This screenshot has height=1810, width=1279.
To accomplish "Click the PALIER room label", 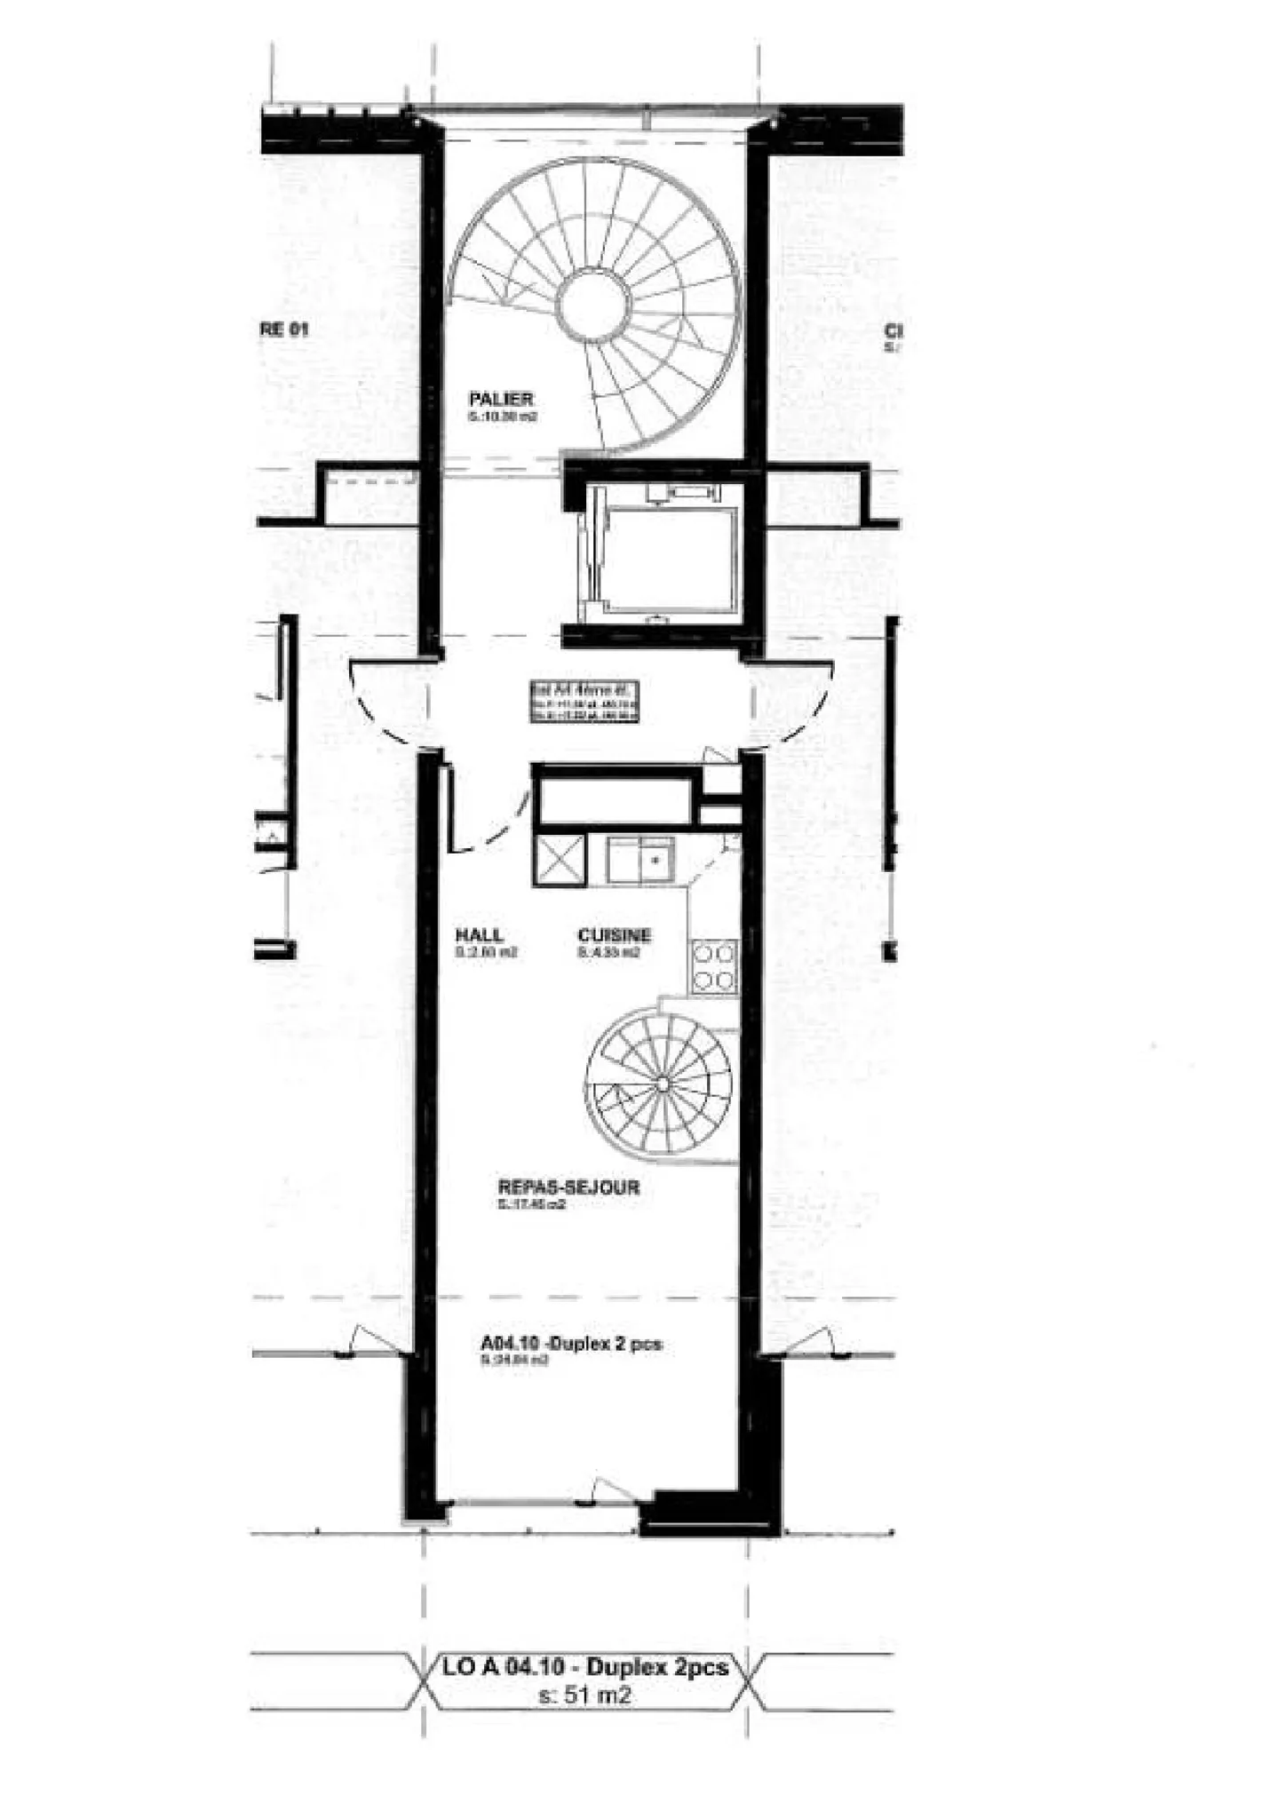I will [x=501, y=400].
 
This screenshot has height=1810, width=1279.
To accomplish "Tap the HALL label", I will [x=479, y=935].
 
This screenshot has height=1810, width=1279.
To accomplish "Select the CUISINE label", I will [x=614, y=935].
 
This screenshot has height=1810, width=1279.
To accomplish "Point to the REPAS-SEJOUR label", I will [x=568, y=1187].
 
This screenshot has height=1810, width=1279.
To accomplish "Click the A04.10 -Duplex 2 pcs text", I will [x=571, y=1345].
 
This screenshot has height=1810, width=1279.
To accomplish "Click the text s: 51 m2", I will [x=585, y=1695].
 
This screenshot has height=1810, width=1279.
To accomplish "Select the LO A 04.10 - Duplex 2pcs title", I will [x=585, y=1667].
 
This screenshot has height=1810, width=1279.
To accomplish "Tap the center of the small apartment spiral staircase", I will [x=663, y=1083].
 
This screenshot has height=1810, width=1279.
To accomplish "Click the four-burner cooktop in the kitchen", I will [x=714, y=967].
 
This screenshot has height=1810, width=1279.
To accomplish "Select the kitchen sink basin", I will [x=655, y=860].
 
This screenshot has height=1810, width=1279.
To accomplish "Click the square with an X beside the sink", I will [x=560, y=860].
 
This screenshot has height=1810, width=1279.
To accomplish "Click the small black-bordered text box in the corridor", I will [x=584, y=702].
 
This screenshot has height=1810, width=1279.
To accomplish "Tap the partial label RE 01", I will [x=284, y=329].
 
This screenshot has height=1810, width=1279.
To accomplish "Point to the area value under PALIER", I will [x=503, y=417].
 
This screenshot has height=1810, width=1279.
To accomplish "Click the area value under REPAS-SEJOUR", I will [x=531, y=1205].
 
